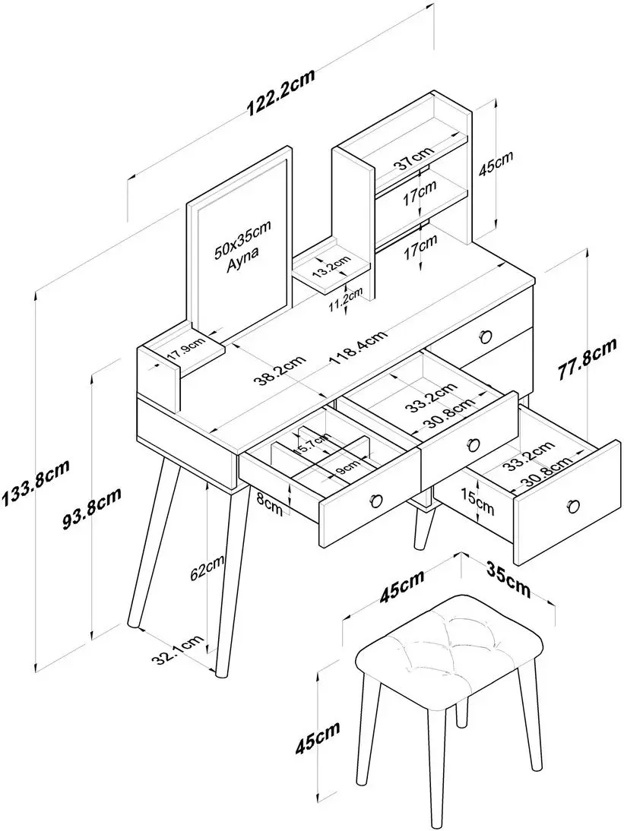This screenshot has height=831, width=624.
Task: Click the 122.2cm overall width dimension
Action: click(x=280, y=96)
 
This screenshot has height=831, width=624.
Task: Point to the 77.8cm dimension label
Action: click(x=586, y=359)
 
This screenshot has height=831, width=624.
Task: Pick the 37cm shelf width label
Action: click(x=413, y=161)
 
